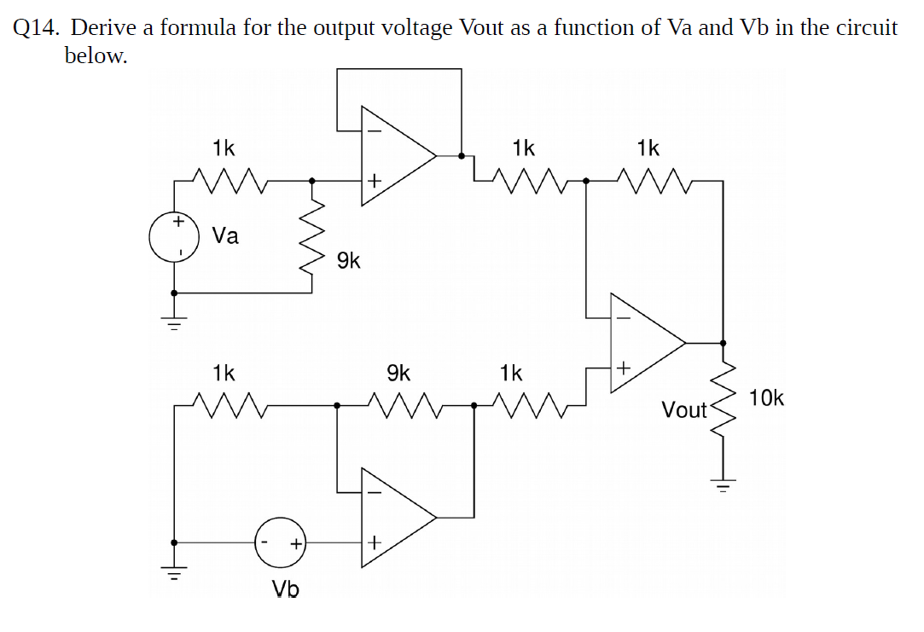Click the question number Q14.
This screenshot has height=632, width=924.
pyautogui.click(x=37, y=27)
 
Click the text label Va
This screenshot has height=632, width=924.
pyautogui.click(x=225, y=236)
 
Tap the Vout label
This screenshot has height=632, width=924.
pyautogui.click(x=684, y=410)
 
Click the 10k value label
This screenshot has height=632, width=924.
pyautogui.click(x=768, y=398)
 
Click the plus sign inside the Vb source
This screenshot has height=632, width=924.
pyautogui.click(x=295, y=542)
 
